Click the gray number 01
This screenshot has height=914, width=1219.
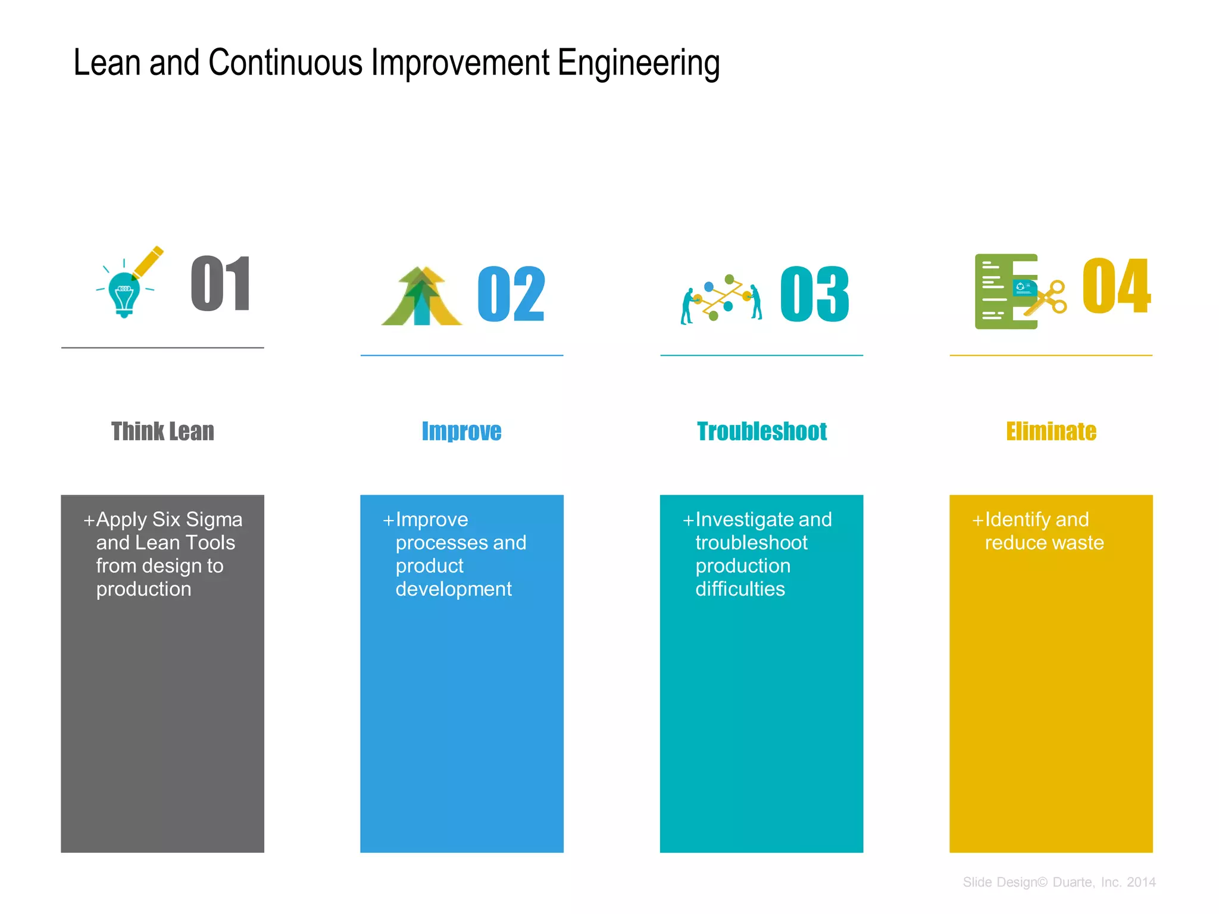[x=221, y=284]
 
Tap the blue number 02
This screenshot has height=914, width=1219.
[x=511, y=294]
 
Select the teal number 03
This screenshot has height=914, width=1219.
[x=814, y=294]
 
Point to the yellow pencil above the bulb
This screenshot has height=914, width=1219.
[x=148, y=262]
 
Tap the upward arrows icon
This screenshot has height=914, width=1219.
[x=421, y=297]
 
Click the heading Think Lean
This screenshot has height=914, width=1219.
[x=162, y=431]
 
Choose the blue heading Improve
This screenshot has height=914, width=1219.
[x=461, y=431]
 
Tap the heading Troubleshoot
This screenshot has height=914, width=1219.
[x=762, y=431]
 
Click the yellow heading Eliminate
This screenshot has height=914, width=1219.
[x=1051, y=431]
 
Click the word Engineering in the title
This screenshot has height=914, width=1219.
[x=639, y=64]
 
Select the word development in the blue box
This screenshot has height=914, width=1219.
[x=454, y=589]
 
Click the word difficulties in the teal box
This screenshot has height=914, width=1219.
[x=740, y=589]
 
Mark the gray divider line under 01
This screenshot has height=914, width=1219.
[x=162, y=348]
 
